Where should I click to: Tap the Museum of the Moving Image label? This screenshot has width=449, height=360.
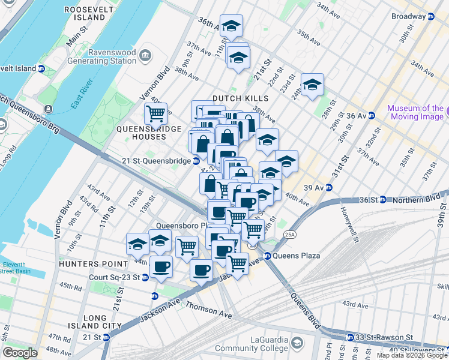pyautogui.click(x=415, y=112)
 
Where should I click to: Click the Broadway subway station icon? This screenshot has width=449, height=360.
pyautogui.click(x=430, y=16)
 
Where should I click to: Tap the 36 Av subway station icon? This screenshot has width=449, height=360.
pyautogui.click(x=372, y=115)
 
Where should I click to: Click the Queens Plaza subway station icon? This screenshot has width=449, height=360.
pyautogui.click(x=268, y=256)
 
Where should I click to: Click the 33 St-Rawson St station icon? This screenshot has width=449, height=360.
pyautogui.click(x=348, y=338)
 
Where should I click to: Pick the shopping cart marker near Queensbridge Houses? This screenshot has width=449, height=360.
pyautogui.click(x=155, y=112)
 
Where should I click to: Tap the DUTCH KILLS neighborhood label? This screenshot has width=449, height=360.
pyautogui.click(x=234, y=98)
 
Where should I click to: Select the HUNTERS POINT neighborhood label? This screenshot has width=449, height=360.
pyautogui.click(x=93, y=263)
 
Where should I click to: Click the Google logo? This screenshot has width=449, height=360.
pyautogui.click(x=20, y=353)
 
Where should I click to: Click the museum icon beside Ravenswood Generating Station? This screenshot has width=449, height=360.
pyautogui.click(x=145, y=56)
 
